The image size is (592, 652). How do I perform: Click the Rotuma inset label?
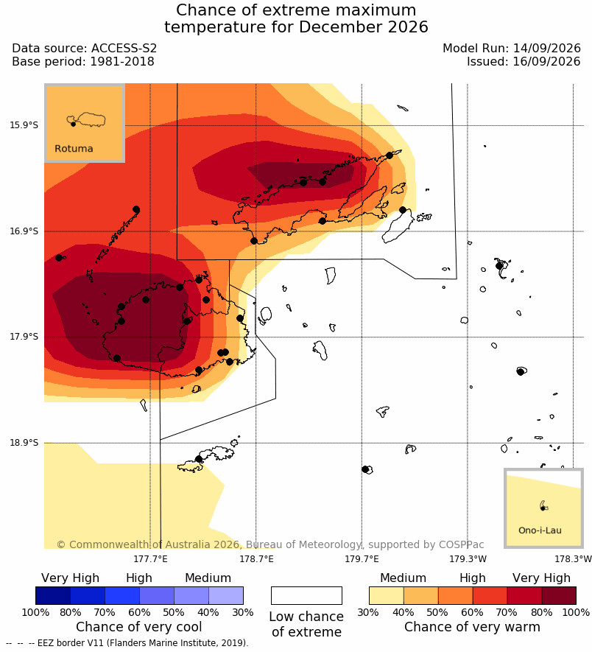74,148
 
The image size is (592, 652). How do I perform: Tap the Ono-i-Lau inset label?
540,530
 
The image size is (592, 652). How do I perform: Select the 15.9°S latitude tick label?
24,125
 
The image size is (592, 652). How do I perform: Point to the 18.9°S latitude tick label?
24,443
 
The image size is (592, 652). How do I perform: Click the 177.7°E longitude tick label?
150,558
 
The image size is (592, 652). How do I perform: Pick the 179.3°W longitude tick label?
468,558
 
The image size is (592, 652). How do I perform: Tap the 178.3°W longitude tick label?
573,558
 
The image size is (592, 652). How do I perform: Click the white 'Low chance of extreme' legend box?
306,595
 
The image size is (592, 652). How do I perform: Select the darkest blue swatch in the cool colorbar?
53,595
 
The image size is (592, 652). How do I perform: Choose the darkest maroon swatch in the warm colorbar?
559,595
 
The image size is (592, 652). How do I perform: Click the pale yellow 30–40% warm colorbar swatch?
387,595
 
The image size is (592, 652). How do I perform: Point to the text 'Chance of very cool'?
139,627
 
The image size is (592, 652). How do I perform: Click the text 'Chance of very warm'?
472,627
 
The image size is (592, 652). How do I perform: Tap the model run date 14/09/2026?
546,48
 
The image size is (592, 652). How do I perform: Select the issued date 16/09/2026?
546,62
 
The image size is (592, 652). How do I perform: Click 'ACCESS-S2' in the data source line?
124,48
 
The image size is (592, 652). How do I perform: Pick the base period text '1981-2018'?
122,62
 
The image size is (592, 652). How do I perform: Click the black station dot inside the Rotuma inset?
73,124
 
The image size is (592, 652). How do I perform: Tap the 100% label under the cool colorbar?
36,612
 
